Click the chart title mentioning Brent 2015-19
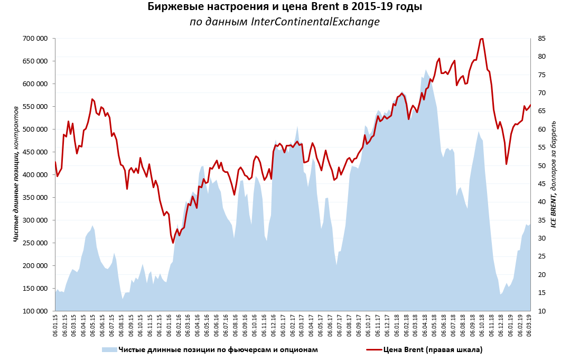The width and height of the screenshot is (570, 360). pos(285,7)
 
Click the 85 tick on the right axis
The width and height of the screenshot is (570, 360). pos(542,39)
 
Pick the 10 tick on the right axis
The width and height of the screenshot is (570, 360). pos(542,311)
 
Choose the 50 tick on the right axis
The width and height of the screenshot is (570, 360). pos(542,166)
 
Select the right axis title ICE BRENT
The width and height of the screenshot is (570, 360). pos(554,174)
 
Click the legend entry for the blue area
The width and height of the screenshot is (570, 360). pos(218,349)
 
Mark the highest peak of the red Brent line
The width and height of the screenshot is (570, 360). pos(482,38)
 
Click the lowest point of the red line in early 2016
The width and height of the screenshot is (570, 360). pos(173,243)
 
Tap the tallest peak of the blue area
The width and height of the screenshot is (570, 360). pos(426,70)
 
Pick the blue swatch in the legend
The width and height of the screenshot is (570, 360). pos(109,349)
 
